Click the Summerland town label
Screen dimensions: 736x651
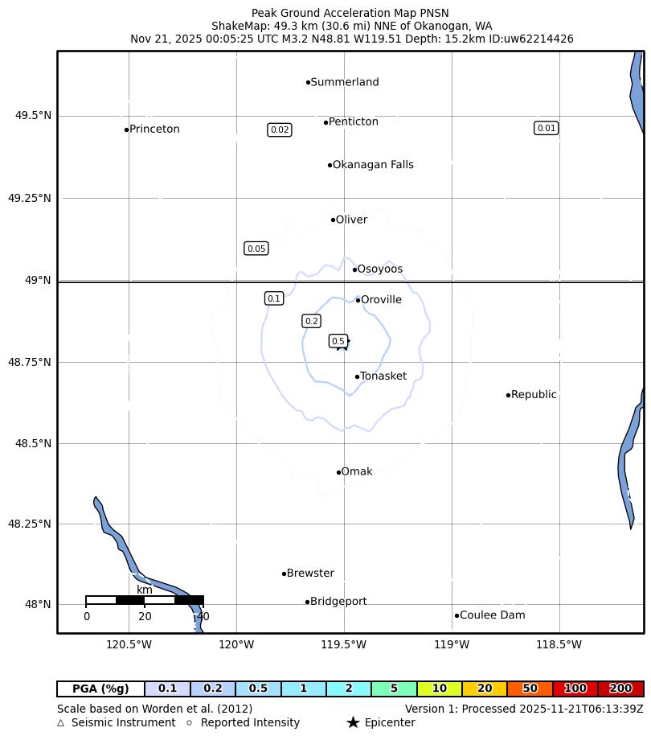(x=344, y=82)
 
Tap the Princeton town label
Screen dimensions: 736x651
(x=154, y=130)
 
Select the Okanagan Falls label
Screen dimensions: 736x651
(x=373, y=165)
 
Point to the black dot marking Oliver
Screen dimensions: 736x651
(x=333, y=220)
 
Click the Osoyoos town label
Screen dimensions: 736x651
(x=379, y=269)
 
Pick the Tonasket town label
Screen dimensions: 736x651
(x=383, y=376)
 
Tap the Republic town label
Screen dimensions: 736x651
(x=534, y=395)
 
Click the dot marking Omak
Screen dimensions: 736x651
(x=338, y=472)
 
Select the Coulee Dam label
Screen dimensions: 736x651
(x=492, y=615)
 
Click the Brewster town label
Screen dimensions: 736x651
(x=310, y=574)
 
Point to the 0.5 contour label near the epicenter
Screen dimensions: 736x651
(x=338, y=341)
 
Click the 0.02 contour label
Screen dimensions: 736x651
(x=280, y=130)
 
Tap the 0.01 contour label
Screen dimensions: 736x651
(x=547, y=128)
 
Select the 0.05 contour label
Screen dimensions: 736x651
(x=256, y=249)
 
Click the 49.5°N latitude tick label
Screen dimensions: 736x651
(x=33, y=116)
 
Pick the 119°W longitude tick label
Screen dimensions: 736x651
(x=452, y=644)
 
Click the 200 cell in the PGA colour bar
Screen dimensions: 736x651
(x=620, y=689)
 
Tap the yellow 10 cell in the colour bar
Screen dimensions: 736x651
(x=440, y=689)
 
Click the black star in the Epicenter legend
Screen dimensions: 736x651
(x=353, y=722)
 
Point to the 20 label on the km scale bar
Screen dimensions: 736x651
(x=145, y=617)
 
